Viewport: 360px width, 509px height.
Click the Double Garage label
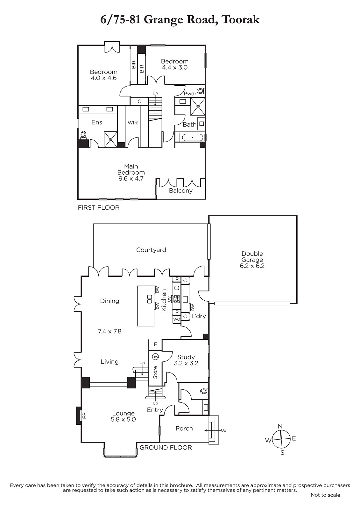pos(252,257)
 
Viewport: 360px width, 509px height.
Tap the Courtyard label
pos(151,250)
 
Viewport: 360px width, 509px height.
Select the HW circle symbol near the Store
pos(155,357)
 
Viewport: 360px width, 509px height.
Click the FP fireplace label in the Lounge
pos(84,415)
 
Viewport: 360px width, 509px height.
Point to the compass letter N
pos(280,426)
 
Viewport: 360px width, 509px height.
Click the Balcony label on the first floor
pos(181,191)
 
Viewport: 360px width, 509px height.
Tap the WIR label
pos(133,123)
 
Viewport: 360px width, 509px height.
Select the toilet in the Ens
pos(83,135)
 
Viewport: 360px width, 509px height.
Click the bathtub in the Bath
pos(192,137)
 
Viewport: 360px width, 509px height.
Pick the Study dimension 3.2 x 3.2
pos(186,363)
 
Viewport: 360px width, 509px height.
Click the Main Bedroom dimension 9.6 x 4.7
pos(131,178)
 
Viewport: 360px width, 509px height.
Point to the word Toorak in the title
pos(240,19)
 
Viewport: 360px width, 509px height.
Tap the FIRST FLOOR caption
pos(98,208)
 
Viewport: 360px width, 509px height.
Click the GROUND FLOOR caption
pos(166,448)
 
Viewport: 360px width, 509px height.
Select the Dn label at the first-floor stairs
pos(155,93)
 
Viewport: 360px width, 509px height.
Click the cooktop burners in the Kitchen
pos(177,299)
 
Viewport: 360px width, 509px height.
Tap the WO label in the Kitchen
pos(177,319)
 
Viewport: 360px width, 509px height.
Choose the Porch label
pos(184,429)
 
